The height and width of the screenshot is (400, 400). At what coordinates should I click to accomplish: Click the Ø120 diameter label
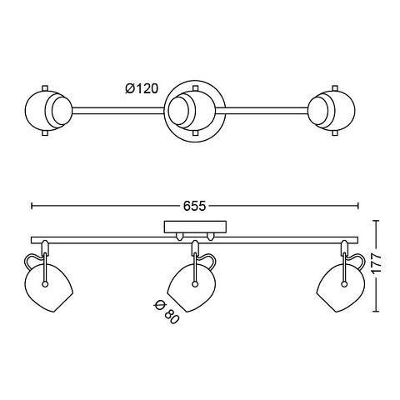pyautogui.click(x=142, y=89)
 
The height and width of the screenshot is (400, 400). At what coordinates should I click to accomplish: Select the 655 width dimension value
pyautogui.click(x=194, y=206)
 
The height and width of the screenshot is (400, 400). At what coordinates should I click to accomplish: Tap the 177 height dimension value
pyautogui.click(x=376, y=265)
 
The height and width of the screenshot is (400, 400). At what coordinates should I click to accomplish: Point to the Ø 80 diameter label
pyautogui.click(x=166, y=312)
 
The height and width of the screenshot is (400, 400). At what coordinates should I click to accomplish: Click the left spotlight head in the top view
pyautogui.click(x=48, y=110)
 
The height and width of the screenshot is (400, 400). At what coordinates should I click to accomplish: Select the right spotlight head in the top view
pyautogui.click(x=332, y=110)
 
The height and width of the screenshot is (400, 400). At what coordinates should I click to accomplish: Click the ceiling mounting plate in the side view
pyautogui.click(x=195, y=227)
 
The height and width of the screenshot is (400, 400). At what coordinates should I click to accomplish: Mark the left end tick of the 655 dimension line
pyautogui.click(x=32, y=206)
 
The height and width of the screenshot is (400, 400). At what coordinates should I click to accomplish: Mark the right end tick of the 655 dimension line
pyautogui.click(x=357, y=206)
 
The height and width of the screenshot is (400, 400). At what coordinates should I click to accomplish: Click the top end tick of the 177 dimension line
pyautogui.click(x=376, y=220)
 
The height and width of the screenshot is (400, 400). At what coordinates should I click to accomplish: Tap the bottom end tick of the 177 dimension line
pyautogui.click(x=376, y=312)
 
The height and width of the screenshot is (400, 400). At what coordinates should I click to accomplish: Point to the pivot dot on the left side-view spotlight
pyautogui.click(x=44, y=283)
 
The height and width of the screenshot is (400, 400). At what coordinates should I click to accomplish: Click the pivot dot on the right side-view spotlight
pyautogui.click(x=344, y=283)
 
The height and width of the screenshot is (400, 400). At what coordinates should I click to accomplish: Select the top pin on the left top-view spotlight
pyautogui.click(x=45, y=87)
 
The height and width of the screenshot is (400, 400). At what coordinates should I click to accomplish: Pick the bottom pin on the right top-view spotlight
pyautogui.click(x=336, y=133)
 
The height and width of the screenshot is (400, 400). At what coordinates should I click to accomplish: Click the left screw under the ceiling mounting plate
pyautogui.click(x=180, y=237)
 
